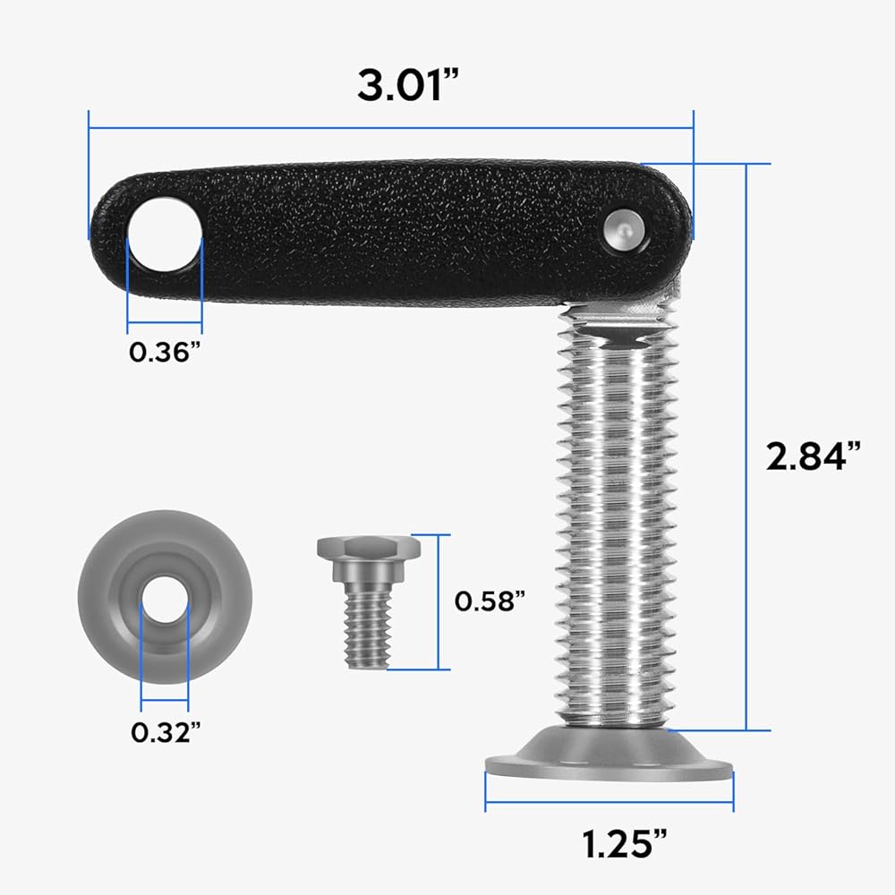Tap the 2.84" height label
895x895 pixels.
813,456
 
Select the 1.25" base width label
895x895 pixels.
625,844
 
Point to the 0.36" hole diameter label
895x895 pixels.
165,352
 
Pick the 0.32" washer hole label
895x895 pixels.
166,732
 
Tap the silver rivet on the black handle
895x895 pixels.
625,231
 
